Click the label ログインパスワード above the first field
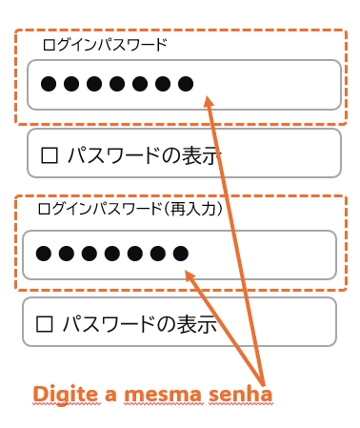[x=105, y=45]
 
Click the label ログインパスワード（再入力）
[x=130, y=209]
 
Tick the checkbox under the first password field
[x=50, y=155]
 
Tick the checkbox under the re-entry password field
[x=44, y=324]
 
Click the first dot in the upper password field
[x=49, y=84]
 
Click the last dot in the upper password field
[x=186, y=84]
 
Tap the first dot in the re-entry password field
[x=44, y=254]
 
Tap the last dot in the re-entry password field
[x=181, y=254]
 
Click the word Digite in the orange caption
[x=66, y=395]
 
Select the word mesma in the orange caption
[x=163, y=395]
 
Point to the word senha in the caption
[x=240, y=394]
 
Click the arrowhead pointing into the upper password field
[x=209, y=102]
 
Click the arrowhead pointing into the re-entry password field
[x=190, y=276]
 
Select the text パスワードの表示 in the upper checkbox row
[x=145, y=155]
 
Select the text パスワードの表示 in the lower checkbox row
[x=140, y=324]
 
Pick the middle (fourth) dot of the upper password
[x=117, y=84]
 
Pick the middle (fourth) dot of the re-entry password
[x=112, y=254]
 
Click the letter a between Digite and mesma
[x=110, y=396]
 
